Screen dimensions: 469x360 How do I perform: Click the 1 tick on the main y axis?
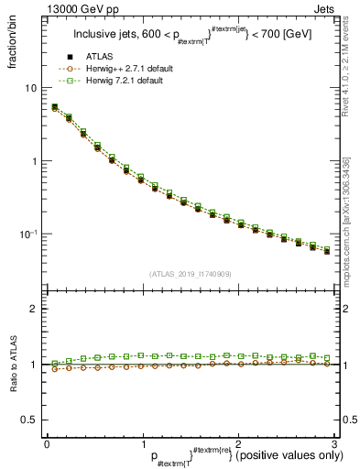36,161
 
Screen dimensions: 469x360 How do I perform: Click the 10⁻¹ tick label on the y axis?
30,234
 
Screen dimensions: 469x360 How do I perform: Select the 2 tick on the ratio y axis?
36,309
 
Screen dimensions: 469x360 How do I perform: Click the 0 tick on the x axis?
47,443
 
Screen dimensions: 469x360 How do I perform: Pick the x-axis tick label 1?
142,443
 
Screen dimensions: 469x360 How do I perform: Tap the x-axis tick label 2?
237,443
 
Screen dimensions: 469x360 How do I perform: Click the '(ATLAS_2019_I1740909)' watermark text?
189,274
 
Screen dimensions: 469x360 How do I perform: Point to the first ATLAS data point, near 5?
54,108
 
